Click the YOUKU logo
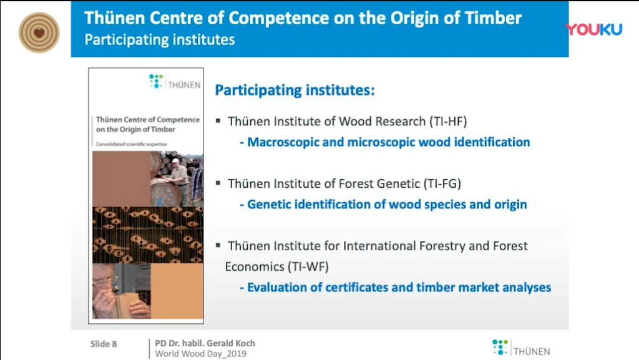[594, 29]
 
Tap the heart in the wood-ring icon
[39, 33]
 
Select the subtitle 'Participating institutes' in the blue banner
[159, 40]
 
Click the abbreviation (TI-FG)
[442, 183]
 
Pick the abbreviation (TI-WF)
[308, 267]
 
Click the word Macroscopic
[283, 142]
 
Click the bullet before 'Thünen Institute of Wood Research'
[218, 120]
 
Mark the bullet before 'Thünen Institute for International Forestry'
[218, 245]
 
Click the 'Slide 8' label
[104, 344]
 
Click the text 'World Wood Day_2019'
[200, 354]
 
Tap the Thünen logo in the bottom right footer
[521, 348]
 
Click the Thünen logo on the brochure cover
[175, 82]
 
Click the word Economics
[255, 267]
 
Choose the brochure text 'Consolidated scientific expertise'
[131, 144]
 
